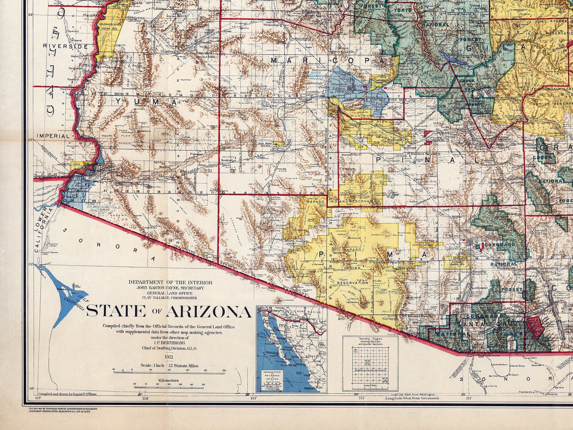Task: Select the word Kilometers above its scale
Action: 168,381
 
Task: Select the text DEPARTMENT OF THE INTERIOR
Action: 170,282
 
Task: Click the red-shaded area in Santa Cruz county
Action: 534,327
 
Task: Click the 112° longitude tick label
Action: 362,398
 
